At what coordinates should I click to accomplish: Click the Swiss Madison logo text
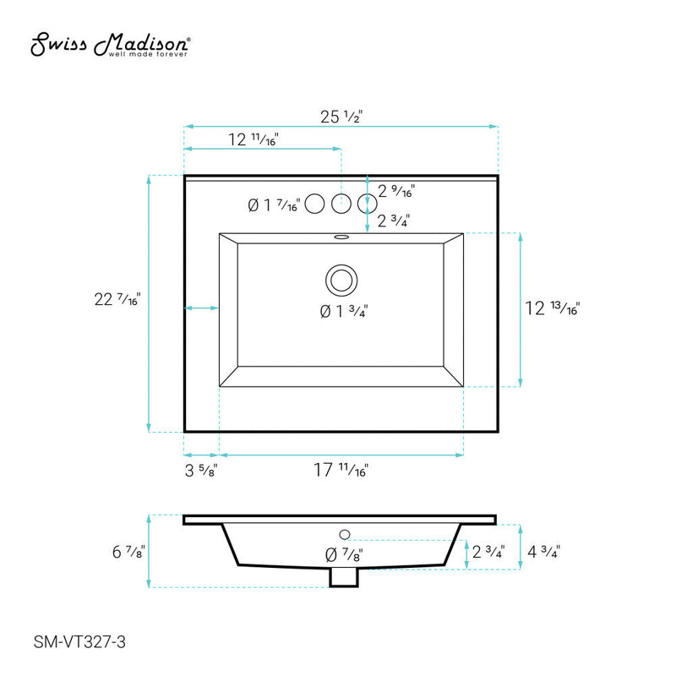[x=110, y=46]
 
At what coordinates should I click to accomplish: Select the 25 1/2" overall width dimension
[x=341, y=118]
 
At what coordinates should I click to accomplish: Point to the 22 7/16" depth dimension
[x=117, y=299]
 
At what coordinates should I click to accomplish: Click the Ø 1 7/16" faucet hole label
[x=273, y=204]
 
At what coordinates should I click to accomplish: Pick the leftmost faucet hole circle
[x=314, y=203]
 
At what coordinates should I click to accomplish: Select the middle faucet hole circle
[x=341, y=203]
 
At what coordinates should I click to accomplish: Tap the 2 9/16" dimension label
[x=395, y=192]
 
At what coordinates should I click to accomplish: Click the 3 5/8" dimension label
[x=201, y=471]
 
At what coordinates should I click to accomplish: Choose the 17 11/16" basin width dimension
[x=341, y=471]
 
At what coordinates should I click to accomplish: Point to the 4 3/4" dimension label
[x=543, y=552]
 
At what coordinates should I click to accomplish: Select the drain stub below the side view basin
[x=342, y=577]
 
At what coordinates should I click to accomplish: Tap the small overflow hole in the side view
[x=344, y=534]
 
